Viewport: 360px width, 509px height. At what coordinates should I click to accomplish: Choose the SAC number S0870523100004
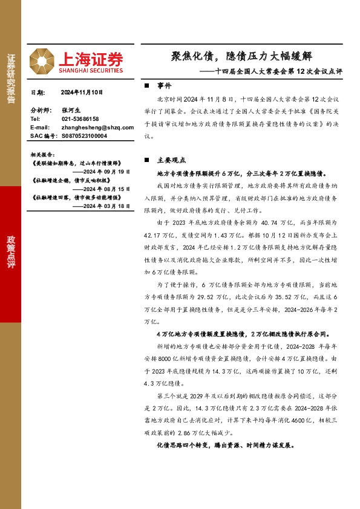point(84,136)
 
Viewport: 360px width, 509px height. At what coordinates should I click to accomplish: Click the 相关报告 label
point(42,154)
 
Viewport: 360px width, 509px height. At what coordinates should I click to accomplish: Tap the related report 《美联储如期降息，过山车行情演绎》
point(76,163)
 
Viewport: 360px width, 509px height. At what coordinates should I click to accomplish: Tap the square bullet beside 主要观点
point(148,160)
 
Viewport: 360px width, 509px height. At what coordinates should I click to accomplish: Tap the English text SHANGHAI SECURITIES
point(91,70)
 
